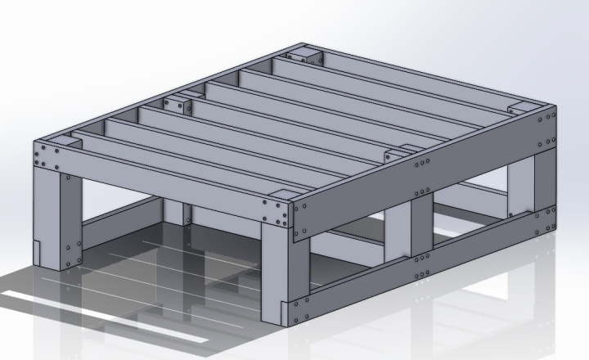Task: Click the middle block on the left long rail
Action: pyautogui.click(x=176, y=104)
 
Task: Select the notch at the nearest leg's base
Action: pyautogui.click(x=285, y=310)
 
